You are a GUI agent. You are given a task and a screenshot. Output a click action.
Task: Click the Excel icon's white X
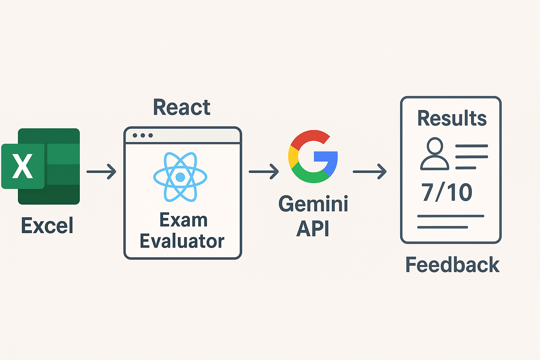click(22, 166)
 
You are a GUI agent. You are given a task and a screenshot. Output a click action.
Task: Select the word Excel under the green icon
click(47, 225)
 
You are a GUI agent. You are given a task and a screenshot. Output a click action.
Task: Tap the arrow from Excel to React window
click(102, 172)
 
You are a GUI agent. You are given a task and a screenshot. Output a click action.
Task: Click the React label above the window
click(182, 107)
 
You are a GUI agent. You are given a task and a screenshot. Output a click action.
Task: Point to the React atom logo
click(180, 177)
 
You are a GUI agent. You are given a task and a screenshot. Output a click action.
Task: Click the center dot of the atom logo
click(180, 177)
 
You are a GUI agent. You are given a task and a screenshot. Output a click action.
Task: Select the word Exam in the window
click(184, 220)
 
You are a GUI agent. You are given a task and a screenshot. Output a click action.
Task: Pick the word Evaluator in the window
click(182, 241)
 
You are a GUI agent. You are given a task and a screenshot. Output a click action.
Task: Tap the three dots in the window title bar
click(143, 135)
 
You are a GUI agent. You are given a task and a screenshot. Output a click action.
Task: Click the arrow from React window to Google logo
click(264, 172)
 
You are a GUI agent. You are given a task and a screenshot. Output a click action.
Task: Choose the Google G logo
click(313, 156)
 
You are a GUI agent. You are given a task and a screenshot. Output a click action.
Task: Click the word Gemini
click(313, 204)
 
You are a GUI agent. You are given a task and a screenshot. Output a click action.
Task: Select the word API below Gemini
click(313, 229)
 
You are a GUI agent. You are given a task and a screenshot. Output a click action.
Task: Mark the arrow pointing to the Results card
click(369, 172)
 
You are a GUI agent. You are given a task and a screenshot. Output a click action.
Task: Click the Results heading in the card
click(452, 118)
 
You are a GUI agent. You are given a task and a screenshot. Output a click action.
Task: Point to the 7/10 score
click(447, 192)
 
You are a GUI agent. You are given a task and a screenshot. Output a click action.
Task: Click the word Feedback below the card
click(452, 265)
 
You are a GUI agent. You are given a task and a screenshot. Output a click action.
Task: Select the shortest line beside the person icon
click(465, 168)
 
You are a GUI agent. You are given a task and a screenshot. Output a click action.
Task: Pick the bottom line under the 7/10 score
click(442, 227)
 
